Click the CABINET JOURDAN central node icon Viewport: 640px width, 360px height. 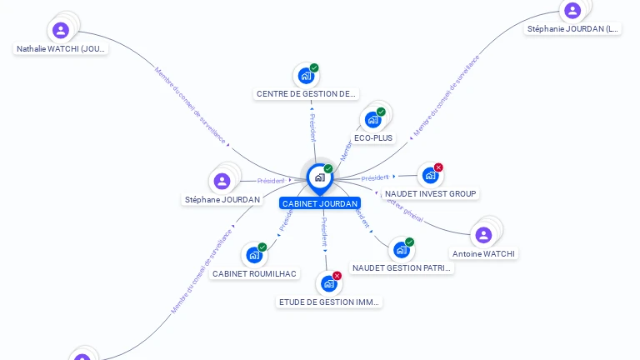click(319, 177)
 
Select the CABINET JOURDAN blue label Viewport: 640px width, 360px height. click(320, 203)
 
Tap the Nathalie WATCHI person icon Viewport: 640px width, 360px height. click(61, 31)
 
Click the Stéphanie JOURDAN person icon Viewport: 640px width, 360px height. click(572, 11)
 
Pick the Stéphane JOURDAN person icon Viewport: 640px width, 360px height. click(222, 181)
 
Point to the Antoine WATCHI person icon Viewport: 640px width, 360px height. click(483, 235)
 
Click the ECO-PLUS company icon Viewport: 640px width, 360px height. click(372, 120)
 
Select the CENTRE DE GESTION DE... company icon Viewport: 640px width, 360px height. click(306, 77)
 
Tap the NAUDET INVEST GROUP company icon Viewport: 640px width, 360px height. click(429, 175)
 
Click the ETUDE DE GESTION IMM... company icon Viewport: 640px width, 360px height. click(328, 284)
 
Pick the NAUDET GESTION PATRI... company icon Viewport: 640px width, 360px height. click(401, 250)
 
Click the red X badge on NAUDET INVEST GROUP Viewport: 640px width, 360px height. click(438, 167)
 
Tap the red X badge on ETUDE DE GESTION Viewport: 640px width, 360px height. click(337, 276)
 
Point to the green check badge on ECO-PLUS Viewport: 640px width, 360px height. click(381, 112)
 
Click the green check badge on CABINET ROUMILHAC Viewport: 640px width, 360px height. click(262, 247)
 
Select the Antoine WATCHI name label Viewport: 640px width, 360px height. click(483, 253)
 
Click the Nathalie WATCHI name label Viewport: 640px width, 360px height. click(61, 49)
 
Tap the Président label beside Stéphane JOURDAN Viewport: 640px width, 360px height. click(271, 181)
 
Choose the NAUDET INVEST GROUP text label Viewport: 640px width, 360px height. click(431, 194)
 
